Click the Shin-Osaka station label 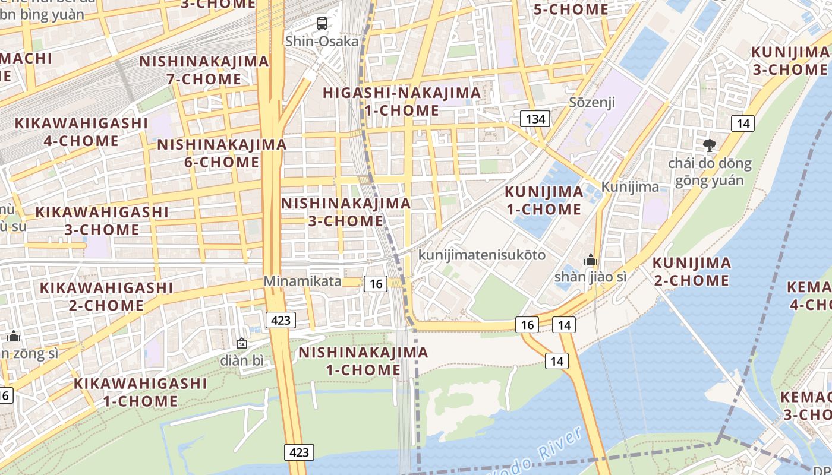(322, 41)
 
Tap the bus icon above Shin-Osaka (322, 24)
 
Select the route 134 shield (535, 119)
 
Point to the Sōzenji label (592, 102)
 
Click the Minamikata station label (303, 281)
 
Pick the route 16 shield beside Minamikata (376, 284)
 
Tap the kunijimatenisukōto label (482, 255)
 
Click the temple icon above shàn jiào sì (590, 259)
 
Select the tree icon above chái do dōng (709, 145)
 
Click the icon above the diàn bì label (242, 343)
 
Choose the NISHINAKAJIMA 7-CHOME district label (204, 70)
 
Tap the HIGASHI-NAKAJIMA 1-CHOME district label (402, 102)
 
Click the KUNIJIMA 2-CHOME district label (692, 271)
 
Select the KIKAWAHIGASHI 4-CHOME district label (81, 132)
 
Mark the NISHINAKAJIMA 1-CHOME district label (363, 361)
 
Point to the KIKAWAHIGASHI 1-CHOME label (140, 392)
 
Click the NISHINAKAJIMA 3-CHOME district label (346, 212)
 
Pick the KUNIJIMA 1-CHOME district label (544, 200)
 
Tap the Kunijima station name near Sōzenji (630, 187)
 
